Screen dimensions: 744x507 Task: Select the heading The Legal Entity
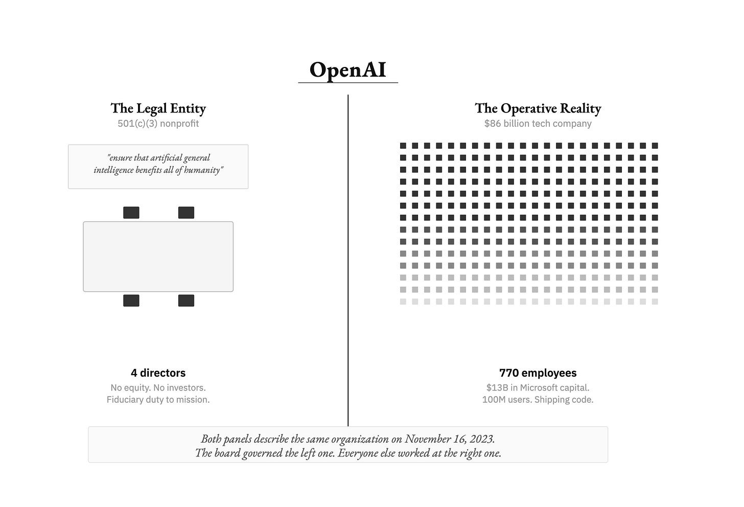pyautogui.click(x=158, y=108)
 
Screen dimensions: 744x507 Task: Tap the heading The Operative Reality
pyautogui.click(x=538, y=108)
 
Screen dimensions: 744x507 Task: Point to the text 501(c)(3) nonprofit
pyautogui.click(x=158, y=124)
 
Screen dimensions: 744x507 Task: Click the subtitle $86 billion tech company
pyautogui.click(x=538, y=124)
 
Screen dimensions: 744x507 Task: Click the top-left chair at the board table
pyautogui.click(x=131, y=213)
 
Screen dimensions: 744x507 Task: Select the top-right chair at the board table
pyautogui.click(x=186, y=213)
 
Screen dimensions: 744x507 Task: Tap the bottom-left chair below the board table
pyautogui.click(x=131, y=301)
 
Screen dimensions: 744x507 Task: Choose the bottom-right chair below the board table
pyautogui.click(x=186, y=301)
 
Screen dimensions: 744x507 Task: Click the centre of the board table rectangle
pyautogui.click(x=158, y=257)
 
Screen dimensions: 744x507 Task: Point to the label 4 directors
pyautogui.click(x=158, y=373)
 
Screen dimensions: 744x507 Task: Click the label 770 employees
pyautogui.click(x=538, y=373)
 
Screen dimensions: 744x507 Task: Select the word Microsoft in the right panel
pyautogui.click(x=542, y=388)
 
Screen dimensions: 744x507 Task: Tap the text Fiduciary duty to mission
pyautogui.click(x=158, y=400)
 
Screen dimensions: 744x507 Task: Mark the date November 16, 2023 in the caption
pyautogui.click(x=450, y=439)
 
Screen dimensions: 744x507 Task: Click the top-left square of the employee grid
pyautogui.click(x=403, y=146)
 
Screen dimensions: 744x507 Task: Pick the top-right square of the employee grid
pyautogui.click(x=655, y=146)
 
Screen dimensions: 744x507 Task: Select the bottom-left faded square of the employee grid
pyautogui.click(x=403, y=302)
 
